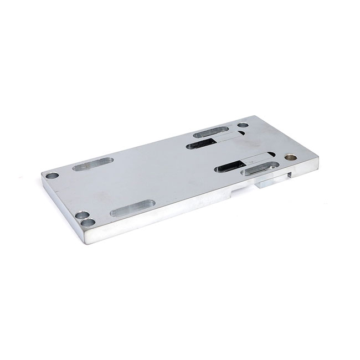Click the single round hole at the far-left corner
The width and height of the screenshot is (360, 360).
pyautogui.click(x=52, y=176)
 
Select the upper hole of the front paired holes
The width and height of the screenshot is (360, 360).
pyautogui.click(x=81, y=215)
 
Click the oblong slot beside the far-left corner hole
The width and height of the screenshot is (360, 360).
pyautogui.click(x=92, y=164)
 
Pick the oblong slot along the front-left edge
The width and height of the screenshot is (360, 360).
pyautogui.click(x=132, y=208)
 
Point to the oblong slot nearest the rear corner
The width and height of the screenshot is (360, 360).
pyautogui.click(x=210, y=132)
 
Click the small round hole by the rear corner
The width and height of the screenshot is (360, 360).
pyautogui.click(x=243, y=125)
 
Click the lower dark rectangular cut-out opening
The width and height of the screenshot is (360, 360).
pyautogui.click(x=229, y=166)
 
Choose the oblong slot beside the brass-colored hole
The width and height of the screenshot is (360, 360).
pyautogui.click(x=260, y=168)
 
